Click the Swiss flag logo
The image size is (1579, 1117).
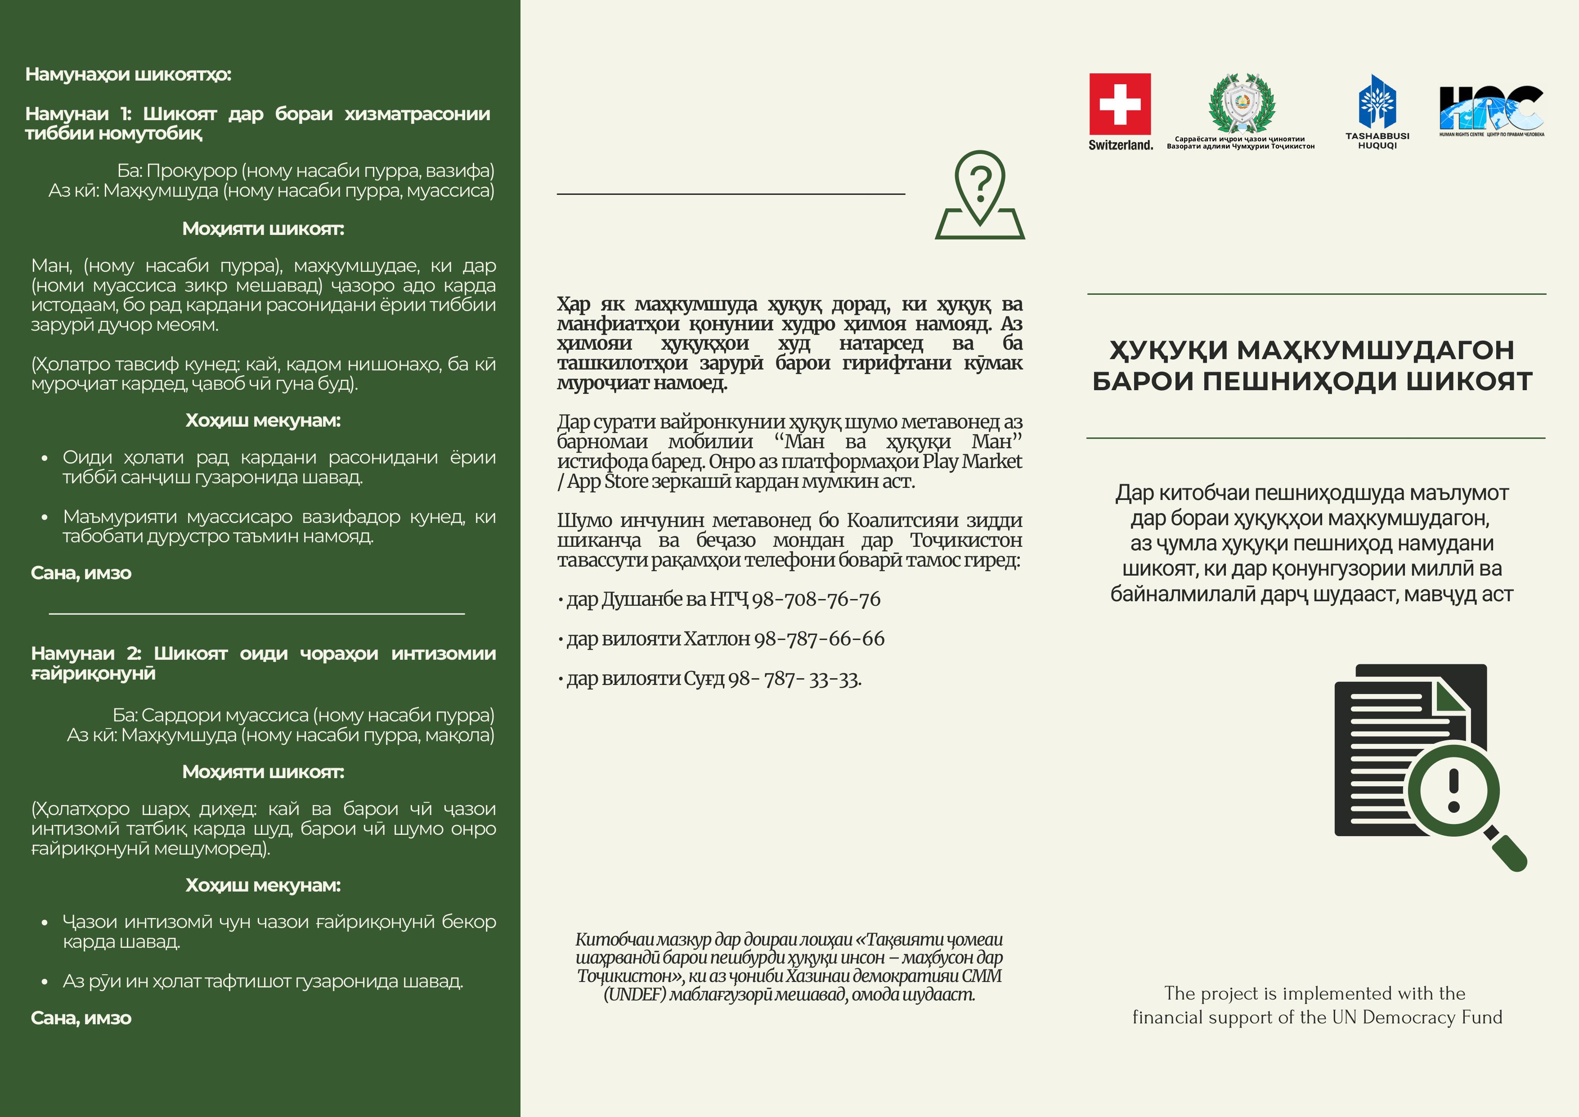click(x=1120, y=104)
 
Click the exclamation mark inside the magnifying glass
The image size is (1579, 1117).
click(x=1453, y=790)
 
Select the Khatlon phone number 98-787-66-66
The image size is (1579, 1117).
click(x=819, y=639)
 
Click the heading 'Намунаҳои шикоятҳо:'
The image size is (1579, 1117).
click(x=128, y=74)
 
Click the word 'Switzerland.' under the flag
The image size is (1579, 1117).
click(x=1120, y=144)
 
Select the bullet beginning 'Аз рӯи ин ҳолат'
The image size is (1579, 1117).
click(x=263, y=982)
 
